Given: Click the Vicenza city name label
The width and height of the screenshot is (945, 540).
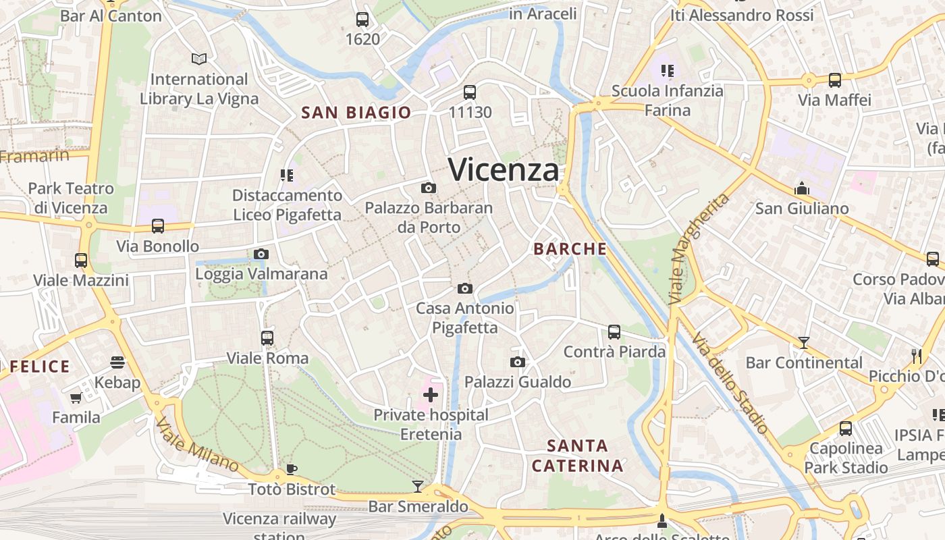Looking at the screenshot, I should (504, 169).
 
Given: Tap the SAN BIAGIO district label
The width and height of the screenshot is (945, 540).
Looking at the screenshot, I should (356, 113).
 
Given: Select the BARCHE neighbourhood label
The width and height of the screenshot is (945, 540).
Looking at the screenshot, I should (570, 249).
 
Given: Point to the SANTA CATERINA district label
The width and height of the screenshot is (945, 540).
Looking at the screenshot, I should (577, 456).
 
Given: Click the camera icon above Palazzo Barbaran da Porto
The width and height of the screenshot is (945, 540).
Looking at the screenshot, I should (428, 188).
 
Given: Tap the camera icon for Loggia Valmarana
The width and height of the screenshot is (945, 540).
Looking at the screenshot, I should (261, 254).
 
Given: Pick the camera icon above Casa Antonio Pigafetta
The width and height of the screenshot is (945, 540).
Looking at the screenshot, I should (464, 289).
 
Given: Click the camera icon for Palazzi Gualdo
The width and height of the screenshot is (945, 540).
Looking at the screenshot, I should (518, 362).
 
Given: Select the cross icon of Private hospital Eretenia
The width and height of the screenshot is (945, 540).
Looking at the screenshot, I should (431, 395).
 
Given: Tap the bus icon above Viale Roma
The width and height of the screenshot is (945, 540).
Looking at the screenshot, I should (267, 338).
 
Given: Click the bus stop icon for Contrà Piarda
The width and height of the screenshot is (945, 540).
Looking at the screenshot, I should (614, 332).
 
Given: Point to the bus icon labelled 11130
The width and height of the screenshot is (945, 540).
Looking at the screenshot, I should (470, 92).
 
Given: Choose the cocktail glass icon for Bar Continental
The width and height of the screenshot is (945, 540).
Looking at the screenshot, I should (803, 343).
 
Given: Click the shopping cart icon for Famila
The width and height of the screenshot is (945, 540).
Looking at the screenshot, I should (76, 398).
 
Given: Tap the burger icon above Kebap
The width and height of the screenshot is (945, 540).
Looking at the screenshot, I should (117, 363).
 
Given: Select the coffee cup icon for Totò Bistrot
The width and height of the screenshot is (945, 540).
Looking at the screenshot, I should (292, 469).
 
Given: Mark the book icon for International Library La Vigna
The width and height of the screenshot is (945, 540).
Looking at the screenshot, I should (198, 59).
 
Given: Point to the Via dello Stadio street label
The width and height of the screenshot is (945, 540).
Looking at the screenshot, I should (730, 383).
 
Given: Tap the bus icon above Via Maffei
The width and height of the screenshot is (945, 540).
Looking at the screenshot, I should (835, 80).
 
